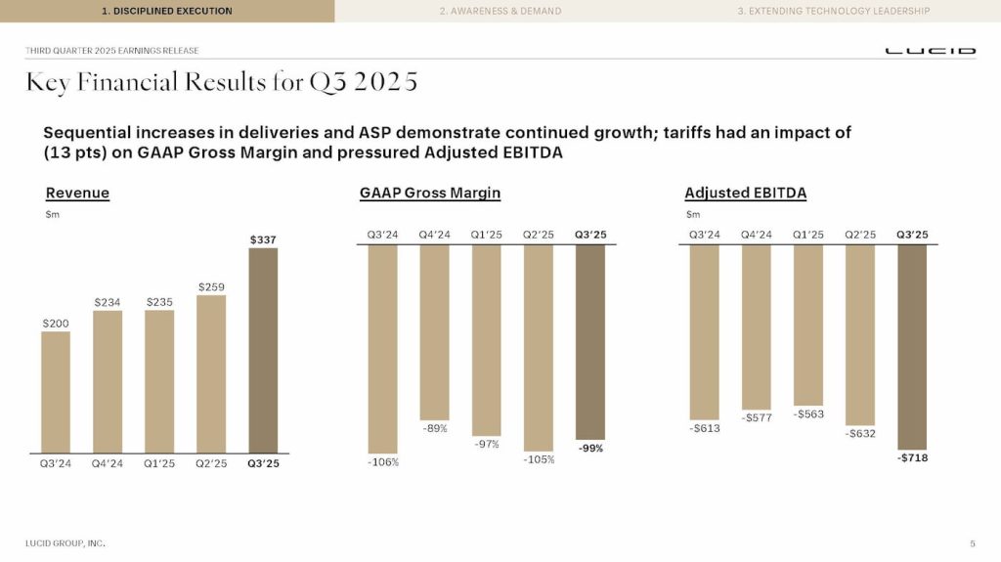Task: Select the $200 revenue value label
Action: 56,322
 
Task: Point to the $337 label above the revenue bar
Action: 263,238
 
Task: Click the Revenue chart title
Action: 77,194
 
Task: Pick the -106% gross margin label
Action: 382,462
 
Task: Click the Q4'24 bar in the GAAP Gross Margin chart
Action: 434,332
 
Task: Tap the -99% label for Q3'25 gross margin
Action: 589,449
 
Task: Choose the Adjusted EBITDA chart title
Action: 745,194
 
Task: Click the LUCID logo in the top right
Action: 930,51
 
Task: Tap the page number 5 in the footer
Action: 972,542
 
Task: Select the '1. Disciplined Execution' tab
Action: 167,11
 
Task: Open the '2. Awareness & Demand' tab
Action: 500,11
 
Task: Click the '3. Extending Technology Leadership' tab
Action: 833,11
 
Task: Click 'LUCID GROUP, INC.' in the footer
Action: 65,542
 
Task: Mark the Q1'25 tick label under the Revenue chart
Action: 159,463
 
